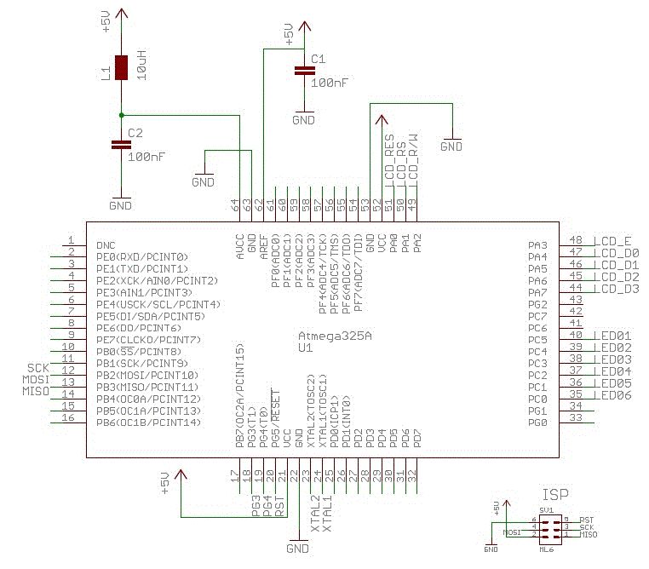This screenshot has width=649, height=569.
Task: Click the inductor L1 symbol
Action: [x=122, y=67]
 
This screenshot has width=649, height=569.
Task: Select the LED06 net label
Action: [x=616, y=396]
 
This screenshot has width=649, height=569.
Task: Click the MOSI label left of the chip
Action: [x=36, y=378]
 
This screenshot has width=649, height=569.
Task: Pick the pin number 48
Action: [x=576, y=240]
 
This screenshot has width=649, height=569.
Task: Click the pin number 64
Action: [x=236, y=205]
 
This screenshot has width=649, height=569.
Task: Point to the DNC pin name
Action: [x=106, y=244]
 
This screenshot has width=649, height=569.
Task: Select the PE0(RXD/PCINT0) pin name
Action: [x=142, y=256]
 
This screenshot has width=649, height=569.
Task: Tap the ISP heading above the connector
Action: [x=555, y=494]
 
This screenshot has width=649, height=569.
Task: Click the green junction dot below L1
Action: [x=122, y=114]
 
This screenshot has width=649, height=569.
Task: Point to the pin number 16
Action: [x=72, y=418]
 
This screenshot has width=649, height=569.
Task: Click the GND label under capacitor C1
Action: [x=303, y=120]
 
